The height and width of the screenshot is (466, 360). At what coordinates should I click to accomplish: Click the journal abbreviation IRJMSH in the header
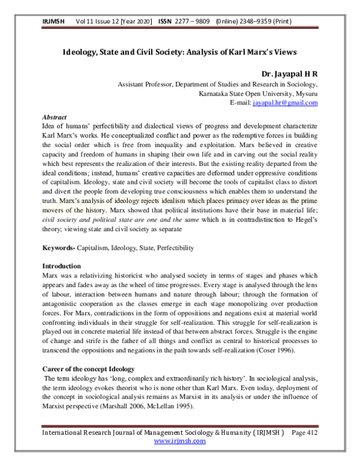coord(53,21)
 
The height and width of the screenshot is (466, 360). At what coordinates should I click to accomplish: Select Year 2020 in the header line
coord(139,21)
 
